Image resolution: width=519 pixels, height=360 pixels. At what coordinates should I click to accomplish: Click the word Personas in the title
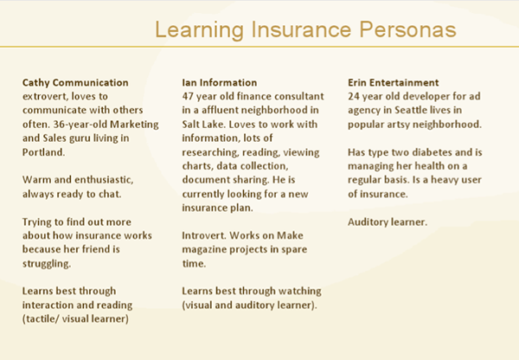[x=407, y=29]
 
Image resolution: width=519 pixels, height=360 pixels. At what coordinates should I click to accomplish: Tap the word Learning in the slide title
[x=199, y=30]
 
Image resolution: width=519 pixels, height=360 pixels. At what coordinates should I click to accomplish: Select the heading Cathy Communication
[x=75, y=82]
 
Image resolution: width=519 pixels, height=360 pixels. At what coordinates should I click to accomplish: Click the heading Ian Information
[x=220, y=82]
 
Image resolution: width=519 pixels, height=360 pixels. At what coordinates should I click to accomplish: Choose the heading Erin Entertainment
[x=394, y=82]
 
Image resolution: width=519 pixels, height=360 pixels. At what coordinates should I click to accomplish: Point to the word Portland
[x=44, y=152]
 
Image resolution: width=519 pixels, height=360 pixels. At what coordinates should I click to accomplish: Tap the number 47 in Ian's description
[x=188, y=96]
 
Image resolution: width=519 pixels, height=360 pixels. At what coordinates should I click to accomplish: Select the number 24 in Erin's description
[x=354, y=96]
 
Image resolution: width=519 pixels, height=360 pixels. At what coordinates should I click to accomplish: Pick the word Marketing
[x=134, y=125]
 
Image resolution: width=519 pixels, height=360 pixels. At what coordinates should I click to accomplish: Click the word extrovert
[x=45, y=96]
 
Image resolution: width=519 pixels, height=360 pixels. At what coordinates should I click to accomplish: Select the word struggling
[x=47, y=264]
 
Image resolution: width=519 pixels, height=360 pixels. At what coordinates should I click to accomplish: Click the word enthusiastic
[x=104, y=179]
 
